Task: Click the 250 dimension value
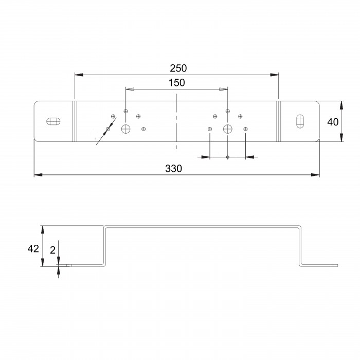coord(178,68)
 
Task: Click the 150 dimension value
coord(176,83)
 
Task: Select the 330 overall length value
coord(174,169)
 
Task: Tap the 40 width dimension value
coord(333,122)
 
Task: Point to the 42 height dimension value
coord(33,248)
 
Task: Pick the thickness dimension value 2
coord(52,250)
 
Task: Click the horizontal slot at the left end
coord(53,121)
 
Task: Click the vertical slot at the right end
coord(300,121)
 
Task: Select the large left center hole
coord(125,129)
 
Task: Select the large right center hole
coord(227,129)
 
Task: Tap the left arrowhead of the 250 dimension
coord(79,75)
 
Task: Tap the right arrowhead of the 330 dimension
coord(315,175)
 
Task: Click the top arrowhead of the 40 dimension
coord(342,105)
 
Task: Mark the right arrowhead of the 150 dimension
coord(223,89)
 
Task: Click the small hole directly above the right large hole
coord(228,111)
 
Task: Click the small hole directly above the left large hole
coord(125,111)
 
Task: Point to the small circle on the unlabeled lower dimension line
coord(227,157)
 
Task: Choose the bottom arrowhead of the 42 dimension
coord(43,262)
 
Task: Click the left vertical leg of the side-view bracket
coord(105,246)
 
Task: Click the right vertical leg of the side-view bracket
coord(300,246)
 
